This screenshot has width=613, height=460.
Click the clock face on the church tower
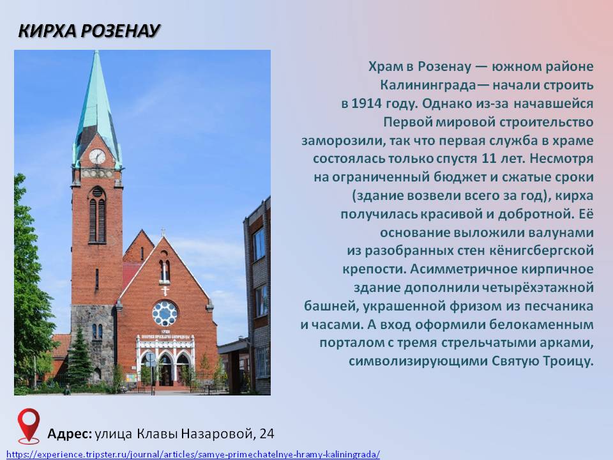[x=97, y=157]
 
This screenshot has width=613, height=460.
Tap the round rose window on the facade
[x=165, y=313]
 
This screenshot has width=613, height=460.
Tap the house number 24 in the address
[x=267, y=433]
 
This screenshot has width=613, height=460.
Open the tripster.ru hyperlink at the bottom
[x=193, y=454]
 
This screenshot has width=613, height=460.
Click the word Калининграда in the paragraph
[x=428, y=85]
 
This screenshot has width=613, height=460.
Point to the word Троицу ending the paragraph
[x=569, y=361]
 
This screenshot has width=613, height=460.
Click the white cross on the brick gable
[x=165, y=291]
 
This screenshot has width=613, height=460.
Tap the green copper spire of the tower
[x=96, y=102]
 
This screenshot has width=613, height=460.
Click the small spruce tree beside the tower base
[x=79, y=357]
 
